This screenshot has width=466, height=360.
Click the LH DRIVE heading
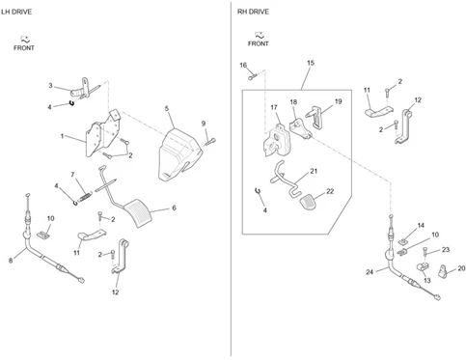(16, 12)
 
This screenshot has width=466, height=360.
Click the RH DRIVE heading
(253, 12)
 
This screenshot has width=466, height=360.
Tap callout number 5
(167, 108)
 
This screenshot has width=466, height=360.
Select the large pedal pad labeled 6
(138, 213)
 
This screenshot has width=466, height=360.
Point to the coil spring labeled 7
(85, 196)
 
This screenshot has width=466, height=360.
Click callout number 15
(311, 63)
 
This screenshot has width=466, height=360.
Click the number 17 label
(274, 107)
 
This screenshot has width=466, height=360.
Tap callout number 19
(338, 101)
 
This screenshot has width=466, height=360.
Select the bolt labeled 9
(209, 141)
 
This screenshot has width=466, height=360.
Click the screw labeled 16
(252, 77)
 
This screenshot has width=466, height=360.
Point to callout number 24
(370, 272)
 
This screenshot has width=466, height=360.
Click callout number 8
(11, 261)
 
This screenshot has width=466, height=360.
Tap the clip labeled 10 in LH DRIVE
(43, 235)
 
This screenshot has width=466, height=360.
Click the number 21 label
(314, 171)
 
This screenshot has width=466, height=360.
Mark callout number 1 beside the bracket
(62, 136)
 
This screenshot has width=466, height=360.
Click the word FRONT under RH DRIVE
(259, 43)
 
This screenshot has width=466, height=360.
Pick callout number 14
(421, 226)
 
